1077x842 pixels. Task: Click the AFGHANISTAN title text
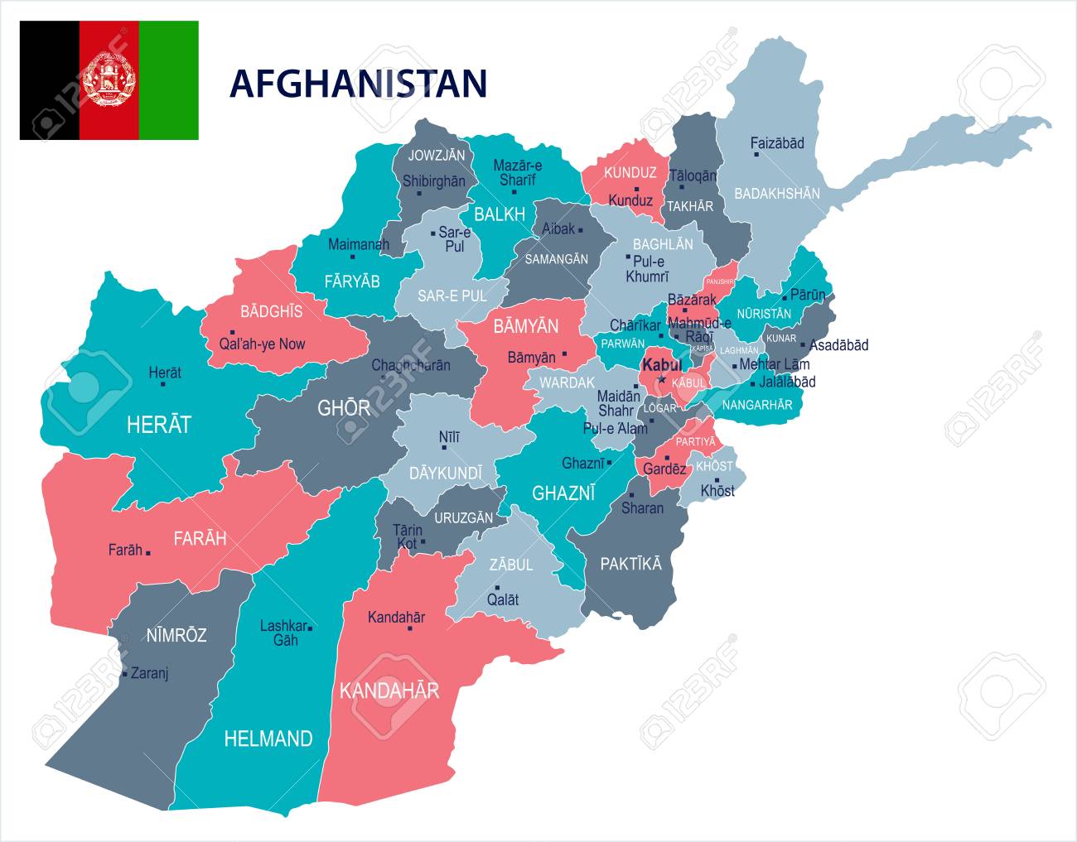(358, 84)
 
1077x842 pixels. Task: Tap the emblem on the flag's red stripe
(109, 80)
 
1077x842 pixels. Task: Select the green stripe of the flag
(169, 80)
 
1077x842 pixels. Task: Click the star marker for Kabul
(661, 380)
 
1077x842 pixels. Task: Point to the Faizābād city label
(777, 143)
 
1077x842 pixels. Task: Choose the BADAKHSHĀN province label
(777, 194)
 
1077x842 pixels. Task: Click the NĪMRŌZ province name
(176, 636)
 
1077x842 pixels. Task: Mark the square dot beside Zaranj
(124, 674)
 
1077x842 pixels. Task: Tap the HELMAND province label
(268, 739)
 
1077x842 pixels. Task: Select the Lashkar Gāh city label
(283, 633)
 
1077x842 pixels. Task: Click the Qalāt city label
(503, 599)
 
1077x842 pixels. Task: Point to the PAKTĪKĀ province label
(630, 564)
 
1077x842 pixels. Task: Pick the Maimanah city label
(359, 244)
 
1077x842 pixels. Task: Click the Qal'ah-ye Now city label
(263, 344)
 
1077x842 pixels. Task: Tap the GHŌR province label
(344, 407)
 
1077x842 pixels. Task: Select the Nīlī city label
(448, 436)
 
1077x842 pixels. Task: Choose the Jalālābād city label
(788, 382)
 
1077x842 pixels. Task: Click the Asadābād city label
(838, 345)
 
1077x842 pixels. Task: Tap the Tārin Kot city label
(407, 536)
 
